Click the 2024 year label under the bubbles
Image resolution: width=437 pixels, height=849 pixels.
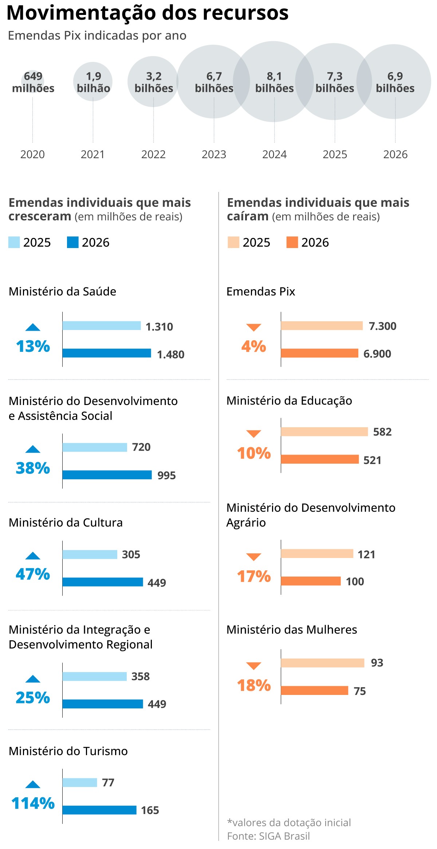(274, 154)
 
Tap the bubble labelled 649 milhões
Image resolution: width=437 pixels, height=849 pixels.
(33, 82)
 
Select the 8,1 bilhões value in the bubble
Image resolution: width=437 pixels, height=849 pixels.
(274, 82)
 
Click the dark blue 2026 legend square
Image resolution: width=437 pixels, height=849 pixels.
(73, 242)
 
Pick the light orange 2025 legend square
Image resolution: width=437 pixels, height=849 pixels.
(233, 242)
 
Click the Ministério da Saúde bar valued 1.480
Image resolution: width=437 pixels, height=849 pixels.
(107, 353)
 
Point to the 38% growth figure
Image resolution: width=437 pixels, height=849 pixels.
(33, 468)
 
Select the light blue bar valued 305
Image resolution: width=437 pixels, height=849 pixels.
(90, 554)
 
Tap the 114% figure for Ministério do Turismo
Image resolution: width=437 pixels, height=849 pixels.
(33, 803)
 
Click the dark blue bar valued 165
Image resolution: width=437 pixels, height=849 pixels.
(99, 810)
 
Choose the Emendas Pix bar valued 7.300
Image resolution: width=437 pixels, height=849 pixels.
(322, 326)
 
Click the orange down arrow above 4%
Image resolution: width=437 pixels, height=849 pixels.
(253, 327)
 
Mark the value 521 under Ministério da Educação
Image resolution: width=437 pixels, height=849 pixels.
(372, 460)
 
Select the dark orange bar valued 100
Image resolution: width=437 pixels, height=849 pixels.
(311, 581)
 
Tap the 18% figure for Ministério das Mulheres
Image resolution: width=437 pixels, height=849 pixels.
(254, 685)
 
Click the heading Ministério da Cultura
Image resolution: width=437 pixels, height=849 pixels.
(66, 523)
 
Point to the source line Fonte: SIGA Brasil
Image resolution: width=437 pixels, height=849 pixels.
(268, 836)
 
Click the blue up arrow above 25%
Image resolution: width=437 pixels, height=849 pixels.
(33, 679)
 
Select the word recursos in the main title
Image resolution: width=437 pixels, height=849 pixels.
(245, 13)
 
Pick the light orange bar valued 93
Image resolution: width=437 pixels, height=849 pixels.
(322, 663)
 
